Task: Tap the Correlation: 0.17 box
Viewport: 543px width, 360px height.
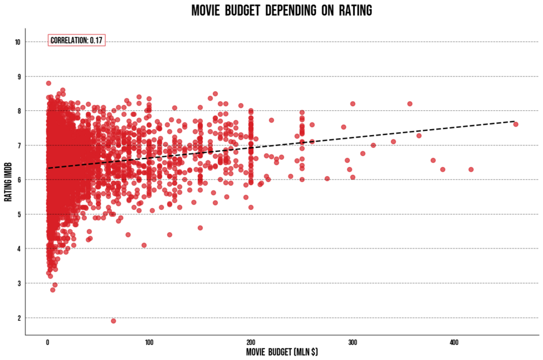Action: point(77,40)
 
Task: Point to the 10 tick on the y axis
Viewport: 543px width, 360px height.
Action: point(18,42)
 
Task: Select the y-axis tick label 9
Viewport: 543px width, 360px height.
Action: point(19,77)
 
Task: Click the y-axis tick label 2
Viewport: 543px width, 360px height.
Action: point(19,318)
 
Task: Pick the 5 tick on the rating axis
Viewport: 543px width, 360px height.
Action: point(19,214)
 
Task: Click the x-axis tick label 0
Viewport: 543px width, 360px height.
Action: point(48,343)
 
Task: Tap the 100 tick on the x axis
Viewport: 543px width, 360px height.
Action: point(149,343)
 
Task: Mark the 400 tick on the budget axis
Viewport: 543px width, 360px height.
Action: point(454,343)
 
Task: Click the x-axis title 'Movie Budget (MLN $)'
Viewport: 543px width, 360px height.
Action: point(282,352)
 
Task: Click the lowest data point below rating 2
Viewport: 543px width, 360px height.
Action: point(113,321)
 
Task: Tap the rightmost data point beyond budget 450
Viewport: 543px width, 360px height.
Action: point(516,124)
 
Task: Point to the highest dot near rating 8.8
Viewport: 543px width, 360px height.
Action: point(48,83)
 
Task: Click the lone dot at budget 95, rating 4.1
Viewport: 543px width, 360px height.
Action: point(144,245)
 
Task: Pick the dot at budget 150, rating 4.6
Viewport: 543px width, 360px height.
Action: point(200,228)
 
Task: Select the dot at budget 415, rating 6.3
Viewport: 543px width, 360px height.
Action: point(471,169)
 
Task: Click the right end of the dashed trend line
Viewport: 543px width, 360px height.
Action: point(514,121)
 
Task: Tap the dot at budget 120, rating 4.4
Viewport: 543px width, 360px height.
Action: point(170,235)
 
